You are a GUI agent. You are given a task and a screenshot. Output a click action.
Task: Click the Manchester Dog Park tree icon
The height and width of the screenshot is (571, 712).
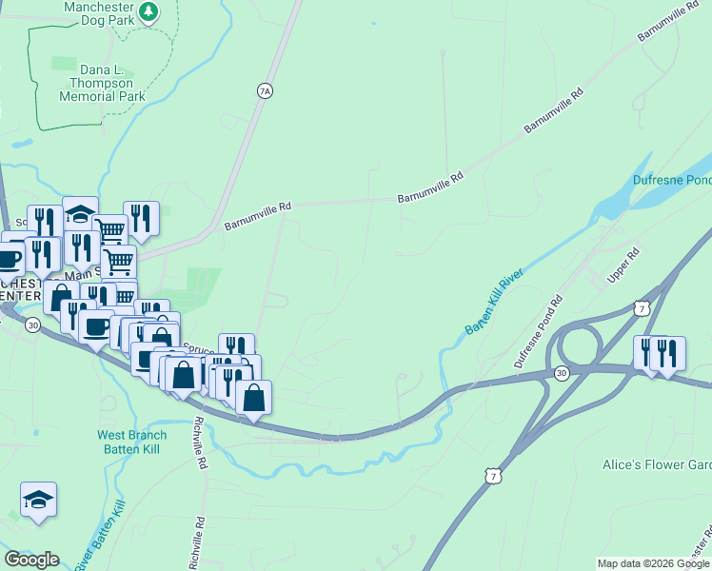tap(148, 11)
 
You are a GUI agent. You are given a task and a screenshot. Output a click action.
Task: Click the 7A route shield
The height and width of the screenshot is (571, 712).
tap(265, 90)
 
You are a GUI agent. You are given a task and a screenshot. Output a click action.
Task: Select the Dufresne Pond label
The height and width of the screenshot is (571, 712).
tap(672, 180)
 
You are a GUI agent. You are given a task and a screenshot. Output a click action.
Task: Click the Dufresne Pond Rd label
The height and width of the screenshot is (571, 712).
tap(539, 331)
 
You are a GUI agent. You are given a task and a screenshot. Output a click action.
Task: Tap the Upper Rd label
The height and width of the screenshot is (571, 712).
tap(625, 267)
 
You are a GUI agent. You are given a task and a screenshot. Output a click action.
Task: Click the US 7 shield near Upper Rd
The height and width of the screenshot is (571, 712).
tap(643, 308)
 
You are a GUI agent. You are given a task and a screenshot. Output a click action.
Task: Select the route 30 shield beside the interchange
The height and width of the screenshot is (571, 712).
tap(562, 374)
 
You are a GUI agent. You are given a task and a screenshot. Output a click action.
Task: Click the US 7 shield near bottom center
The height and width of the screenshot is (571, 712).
tap(490, 475)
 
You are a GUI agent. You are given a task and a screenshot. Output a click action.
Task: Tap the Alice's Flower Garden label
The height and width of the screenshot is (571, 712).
tap(657, 464)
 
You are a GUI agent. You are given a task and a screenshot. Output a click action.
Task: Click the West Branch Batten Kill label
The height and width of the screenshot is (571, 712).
tap(132, 442)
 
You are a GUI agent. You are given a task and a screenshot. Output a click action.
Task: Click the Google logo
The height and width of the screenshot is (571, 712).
tap(31, 560)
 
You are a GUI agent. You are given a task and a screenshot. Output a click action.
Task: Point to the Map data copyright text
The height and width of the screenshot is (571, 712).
tap(653, 563)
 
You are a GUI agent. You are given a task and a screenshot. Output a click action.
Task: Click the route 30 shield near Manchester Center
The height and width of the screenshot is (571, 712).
tap(33, 325)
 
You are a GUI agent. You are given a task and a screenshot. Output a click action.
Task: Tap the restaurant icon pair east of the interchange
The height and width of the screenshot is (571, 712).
tap(658, 352)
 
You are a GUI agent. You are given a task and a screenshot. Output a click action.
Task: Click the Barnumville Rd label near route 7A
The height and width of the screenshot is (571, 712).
tap(257, 215)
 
